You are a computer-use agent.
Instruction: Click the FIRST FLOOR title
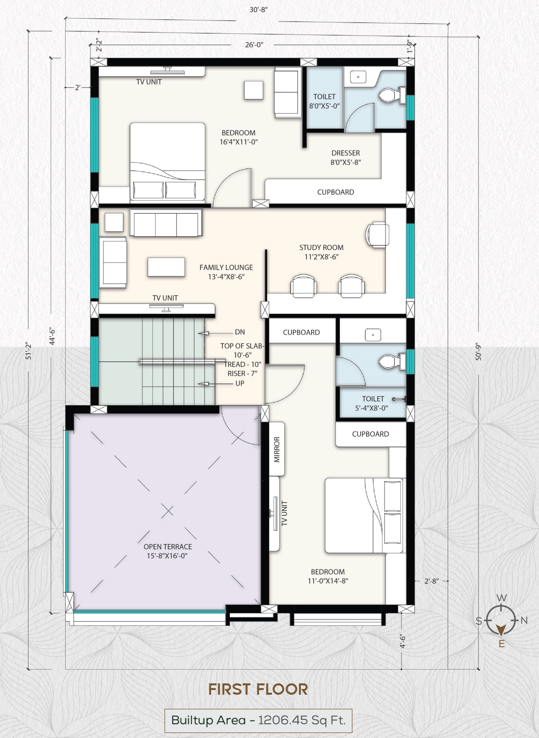tap(258, 689)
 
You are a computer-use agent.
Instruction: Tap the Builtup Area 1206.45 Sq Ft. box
tap(258, 720)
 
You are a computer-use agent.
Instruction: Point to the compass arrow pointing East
tap(501, 630)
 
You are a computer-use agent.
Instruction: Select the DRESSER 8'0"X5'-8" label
tap(345, 157)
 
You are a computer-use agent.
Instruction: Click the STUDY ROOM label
tap(321, 248)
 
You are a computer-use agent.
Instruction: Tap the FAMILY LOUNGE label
tap(226, 268)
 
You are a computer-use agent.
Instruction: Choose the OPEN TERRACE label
tap(168, 547)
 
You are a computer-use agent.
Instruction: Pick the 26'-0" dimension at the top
tap(254, 45)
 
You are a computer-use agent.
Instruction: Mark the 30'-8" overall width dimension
tap(259, 10)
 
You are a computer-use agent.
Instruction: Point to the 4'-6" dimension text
tap(402, 641)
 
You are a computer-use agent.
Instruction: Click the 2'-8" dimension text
tap(431, 581)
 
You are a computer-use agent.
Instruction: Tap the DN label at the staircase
tap(240, 332)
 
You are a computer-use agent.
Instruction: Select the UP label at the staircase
tap(240, 383)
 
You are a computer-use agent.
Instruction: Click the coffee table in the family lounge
tap(166, 267)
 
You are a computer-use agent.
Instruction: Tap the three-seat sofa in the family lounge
tap(166, 223)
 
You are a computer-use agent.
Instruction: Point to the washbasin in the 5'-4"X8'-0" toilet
tap(373, 335)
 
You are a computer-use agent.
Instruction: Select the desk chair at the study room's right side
tap(378, 235)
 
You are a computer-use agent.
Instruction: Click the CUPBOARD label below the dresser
tap(336, 192)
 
